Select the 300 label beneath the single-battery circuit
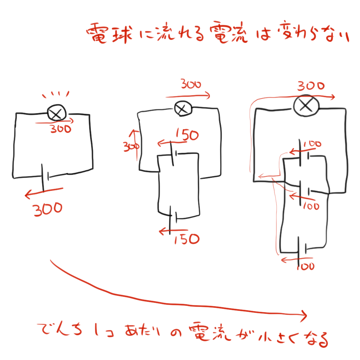click(x=48, y=209)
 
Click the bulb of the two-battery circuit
click(x=182, y=108)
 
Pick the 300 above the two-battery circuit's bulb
click(x=191, y=85)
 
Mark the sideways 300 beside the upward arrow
click(x=128, y=147)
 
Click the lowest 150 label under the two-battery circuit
click(x=187, y=239)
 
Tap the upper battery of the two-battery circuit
click(x=174, y=154)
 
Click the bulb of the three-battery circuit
click(x=306, y=105)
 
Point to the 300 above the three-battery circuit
click(x=310, y=86)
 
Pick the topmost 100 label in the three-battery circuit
click(x=312, y=144)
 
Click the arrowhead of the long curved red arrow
click(x=303, y=314)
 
